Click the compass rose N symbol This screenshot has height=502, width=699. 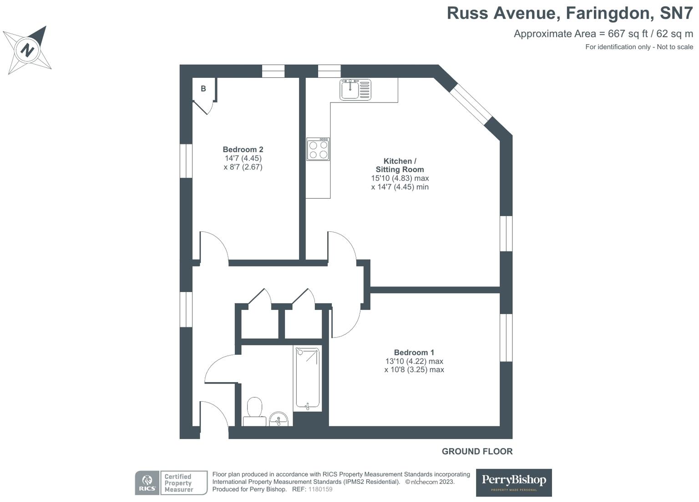[27, 49]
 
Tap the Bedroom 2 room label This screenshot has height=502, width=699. [243, 149]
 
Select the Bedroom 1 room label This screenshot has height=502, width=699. [414, 352]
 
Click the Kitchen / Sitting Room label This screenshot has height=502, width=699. [400, 165]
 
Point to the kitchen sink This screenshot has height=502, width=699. [355, 89]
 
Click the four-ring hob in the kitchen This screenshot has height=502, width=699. [318, 149]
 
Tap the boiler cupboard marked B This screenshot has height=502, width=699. [203, 89]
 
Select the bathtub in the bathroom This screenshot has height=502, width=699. [308, 378]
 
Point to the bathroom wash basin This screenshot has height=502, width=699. [279, 419]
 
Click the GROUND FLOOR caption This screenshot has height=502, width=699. [477, 451]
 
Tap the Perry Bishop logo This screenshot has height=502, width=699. [514, 482]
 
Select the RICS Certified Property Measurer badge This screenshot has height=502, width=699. [171, 483]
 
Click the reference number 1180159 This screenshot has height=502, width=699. [320, 489]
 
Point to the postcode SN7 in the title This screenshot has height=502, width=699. [677, 13]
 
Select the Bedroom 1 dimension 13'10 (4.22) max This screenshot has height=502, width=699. [414, 361]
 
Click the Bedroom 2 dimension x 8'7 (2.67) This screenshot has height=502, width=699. [243, 167]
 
